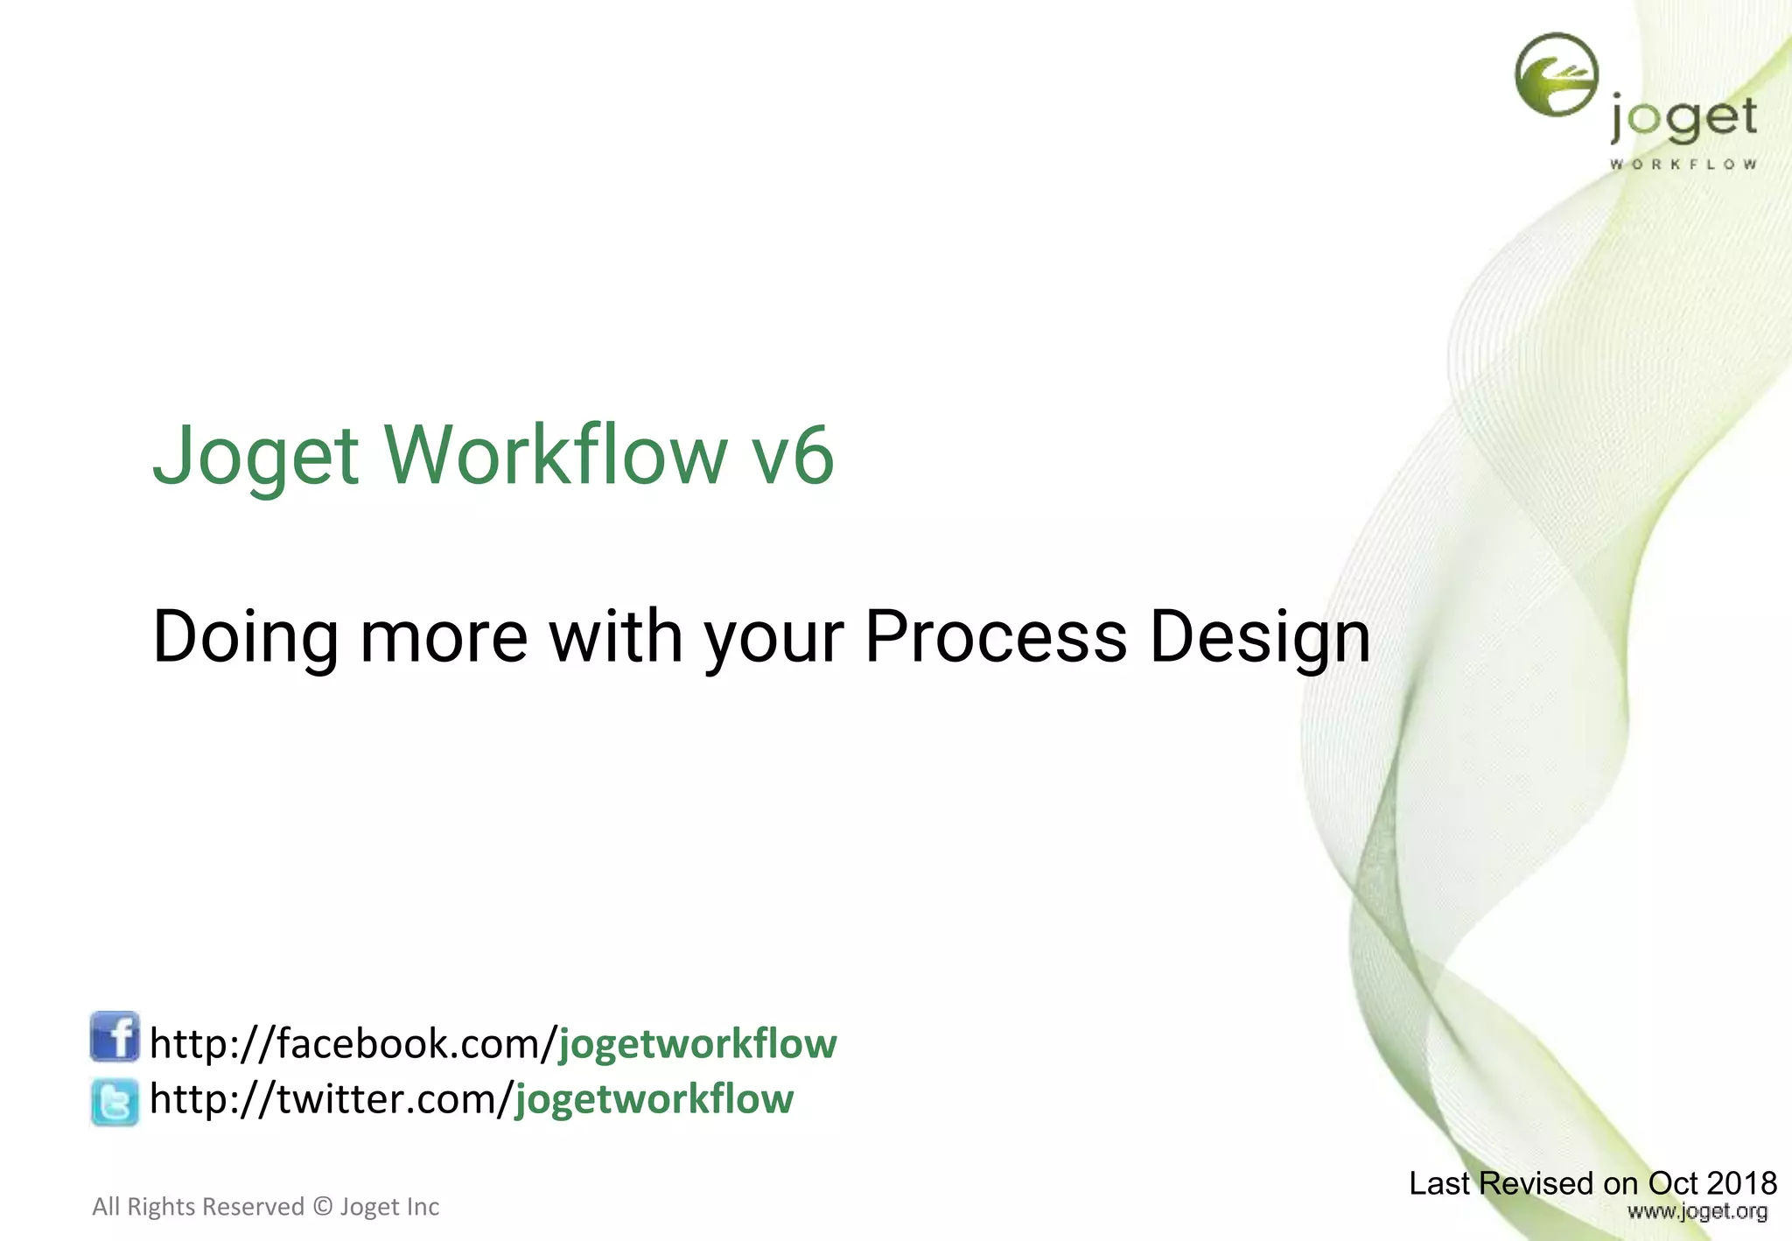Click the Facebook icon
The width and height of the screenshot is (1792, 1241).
(115, 1037)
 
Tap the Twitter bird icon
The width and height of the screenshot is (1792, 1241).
(115, 1101)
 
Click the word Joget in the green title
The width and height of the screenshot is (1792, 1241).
(255, 456)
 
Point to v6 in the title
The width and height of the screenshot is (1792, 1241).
(793, 456)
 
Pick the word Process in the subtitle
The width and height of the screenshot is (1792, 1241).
(995, 636)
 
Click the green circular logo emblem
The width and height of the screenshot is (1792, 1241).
(1557, 74)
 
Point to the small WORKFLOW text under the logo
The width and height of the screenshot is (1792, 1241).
(1683, 164)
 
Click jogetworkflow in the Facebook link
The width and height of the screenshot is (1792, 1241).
(697, 1044)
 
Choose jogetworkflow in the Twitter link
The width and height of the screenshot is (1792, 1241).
(654, 1099)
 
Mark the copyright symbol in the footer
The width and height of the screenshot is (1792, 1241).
(323, 1207)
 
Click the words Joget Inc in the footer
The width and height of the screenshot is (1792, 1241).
(389, 1207)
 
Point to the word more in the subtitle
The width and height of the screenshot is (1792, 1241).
(444, 636)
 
